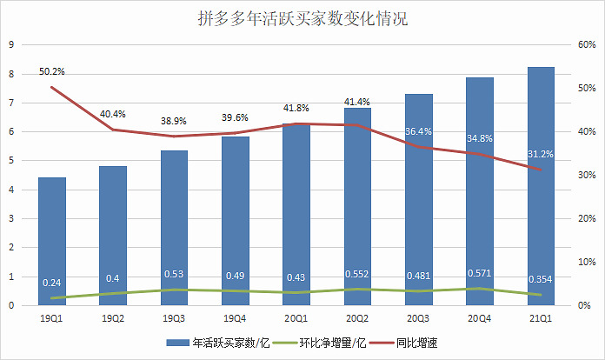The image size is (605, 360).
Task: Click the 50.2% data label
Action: [x=51, y=71]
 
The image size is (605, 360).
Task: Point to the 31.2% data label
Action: [x=542, y=154]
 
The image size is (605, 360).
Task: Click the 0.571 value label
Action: [x=479, y=271]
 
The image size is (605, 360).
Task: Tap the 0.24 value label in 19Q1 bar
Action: [x=51, y=283]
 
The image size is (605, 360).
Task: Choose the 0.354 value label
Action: [x=540, y=279]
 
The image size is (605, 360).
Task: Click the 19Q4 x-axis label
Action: [x=235, y=318]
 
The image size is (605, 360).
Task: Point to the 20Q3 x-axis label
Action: [x=418, y=318]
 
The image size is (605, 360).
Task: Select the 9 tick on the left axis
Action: [x=10, y=45]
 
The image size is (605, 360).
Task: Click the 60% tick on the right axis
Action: [x=585, y=45]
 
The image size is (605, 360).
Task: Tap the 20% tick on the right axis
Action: [x=585, y=219]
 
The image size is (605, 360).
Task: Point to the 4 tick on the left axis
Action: [x=10, y=190]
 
